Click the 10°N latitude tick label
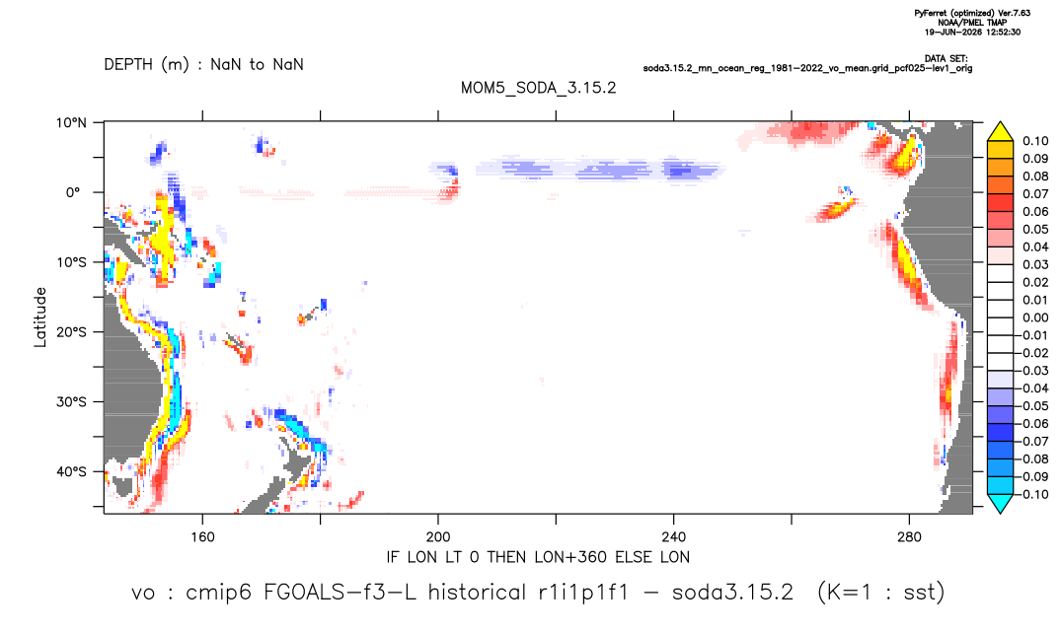click(71, 123)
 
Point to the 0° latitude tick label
click(73, 192)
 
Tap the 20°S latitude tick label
click(71, 331)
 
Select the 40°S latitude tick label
click(71, 471)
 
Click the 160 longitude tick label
click(202, 537)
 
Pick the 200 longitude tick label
click(438, 537)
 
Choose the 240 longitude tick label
click(673, 537)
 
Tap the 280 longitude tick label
click(909, 537)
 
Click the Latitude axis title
click(39, 317)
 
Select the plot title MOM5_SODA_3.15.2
click(538, 88)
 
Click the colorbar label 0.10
click(1035, 141)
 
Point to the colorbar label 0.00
click(1035, 317)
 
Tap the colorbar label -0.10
click(1032, 494)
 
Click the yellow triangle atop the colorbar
click(1000, 132)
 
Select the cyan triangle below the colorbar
click(1000, 503)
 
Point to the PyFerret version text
click(972, 13)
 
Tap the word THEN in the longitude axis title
click(508, 557)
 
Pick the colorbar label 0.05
click(1035, 229)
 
